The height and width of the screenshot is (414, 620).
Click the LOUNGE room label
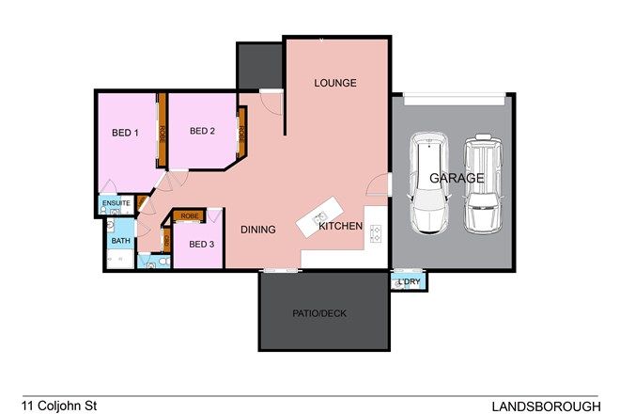point(335,83)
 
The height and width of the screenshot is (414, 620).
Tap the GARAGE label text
point(457,177)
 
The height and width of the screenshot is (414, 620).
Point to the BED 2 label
point(203,131)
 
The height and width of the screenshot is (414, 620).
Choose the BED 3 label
point(202,244)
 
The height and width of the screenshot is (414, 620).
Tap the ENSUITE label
point(116,202)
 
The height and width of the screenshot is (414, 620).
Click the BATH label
point(121,241)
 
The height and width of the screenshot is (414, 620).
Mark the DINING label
point(258,229)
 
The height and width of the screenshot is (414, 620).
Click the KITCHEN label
point(340,227)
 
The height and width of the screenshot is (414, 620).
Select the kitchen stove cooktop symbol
point(374,232)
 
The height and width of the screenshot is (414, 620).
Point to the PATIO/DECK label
point(324,313)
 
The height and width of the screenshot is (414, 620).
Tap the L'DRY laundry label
point(409,281)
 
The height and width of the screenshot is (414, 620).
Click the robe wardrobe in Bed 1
point(162,132)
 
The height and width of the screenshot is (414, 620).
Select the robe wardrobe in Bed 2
point(241,133)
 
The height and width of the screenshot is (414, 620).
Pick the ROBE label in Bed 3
point(190,215)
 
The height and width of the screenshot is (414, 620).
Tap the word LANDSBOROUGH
point(547,406)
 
